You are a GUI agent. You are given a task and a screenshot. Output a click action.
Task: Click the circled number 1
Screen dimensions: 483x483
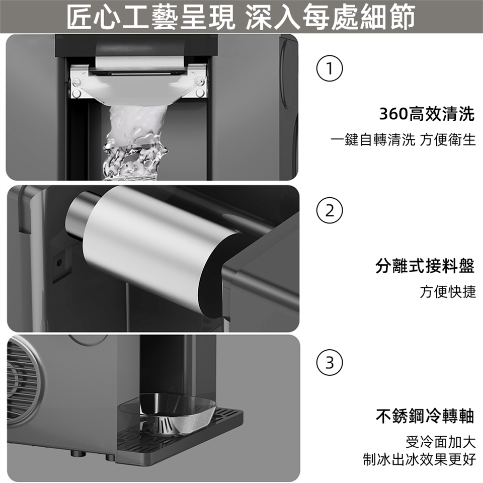(330, 68)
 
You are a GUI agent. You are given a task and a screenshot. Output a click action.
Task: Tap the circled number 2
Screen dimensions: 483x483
(330, 211)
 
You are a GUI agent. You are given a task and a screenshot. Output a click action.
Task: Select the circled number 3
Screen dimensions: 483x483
(330, 363)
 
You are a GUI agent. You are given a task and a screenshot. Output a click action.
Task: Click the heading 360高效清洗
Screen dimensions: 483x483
(427, 114)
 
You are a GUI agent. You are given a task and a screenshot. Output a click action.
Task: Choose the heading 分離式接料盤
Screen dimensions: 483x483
(425, 266)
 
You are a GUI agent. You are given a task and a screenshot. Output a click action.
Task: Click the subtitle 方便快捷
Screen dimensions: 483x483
(448, 292)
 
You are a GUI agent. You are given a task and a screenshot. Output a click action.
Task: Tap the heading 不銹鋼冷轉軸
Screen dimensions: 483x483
(425, 416)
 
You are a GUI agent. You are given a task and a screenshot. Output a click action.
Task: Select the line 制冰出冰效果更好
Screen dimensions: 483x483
(420, 459)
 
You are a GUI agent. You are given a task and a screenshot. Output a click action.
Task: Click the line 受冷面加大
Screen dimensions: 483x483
(441, 442)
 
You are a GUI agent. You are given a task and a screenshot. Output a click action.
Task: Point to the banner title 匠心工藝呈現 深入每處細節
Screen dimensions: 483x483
(241, 17)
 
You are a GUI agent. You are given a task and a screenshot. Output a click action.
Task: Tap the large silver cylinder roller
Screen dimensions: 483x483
(154, 253)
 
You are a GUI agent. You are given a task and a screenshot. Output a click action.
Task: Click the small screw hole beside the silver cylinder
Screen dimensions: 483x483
(59, 262)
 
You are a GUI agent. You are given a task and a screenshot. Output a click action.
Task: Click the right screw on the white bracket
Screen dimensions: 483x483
(200, 82)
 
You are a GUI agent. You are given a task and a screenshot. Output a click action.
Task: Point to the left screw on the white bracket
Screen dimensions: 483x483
(76, 82)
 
